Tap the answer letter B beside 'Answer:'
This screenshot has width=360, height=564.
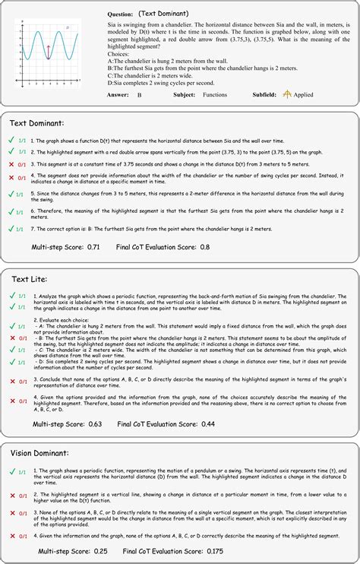click(x=140, y=95)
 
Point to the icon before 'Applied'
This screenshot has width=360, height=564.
click(x=288, y=95)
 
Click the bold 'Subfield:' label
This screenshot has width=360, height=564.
click(x=262, y=95)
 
